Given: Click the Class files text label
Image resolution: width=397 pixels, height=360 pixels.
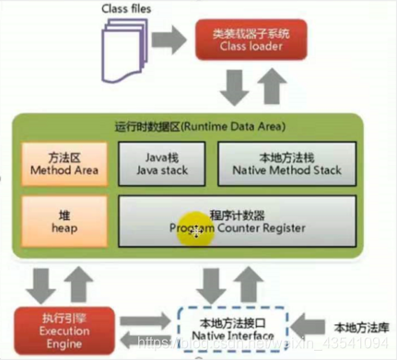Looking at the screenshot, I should [x=125, y=11].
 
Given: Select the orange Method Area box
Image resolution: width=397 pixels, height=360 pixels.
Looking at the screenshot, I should [x=54, y=163].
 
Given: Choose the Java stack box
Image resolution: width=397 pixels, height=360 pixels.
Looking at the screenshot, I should [x=162, y=164].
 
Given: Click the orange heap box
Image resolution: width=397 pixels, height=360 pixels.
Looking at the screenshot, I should [x=54, y=222].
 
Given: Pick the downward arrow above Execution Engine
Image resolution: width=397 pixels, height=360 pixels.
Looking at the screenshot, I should [x=39, y=282].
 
